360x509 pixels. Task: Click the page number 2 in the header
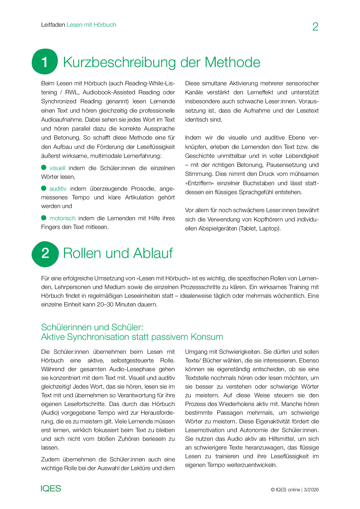click(315, 27)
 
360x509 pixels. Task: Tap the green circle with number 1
click(45, 62)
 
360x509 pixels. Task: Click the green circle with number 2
click(45, 254)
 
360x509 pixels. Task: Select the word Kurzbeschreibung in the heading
click(119, 62)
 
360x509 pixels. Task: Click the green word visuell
click(57, 168)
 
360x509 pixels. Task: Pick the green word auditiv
click(58, 189)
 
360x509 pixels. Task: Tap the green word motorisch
click(62, 218)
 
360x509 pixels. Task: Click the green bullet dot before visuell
click(44, 167)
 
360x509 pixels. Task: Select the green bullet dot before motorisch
click(44, 218)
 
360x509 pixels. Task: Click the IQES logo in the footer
click(51, 488)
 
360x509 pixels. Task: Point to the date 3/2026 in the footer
click(311, 490)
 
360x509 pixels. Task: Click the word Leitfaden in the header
click(53, 25)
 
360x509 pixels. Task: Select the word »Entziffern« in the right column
click(200, 183)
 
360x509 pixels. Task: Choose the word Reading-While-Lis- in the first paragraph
click(150, 83)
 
